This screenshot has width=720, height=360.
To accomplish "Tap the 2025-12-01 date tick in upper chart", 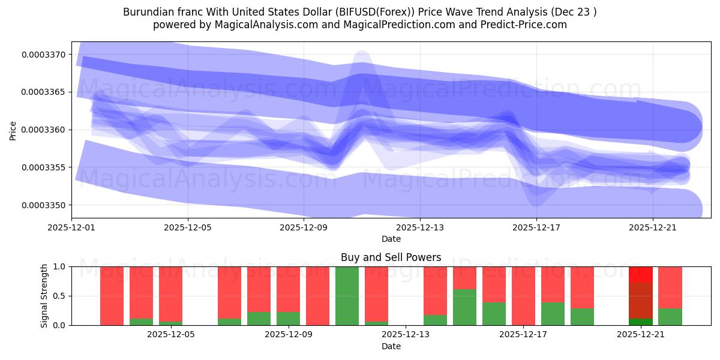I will tap(72, 227).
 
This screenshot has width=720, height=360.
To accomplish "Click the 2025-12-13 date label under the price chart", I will tap(420, 227).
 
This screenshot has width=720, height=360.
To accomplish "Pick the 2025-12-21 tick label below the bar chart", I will tap(640, 334).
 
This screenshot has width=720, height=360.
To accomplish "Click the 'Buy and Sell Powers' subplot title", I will tap(391, 257).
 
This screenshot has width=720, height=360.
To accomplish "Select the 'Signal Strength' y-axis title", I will tap(44, 296).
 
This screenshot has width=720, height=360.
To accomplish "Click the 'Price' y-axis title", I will tap(13, 130).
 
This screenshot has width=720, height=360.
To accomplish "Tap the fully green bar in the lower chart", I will tap(347, 296).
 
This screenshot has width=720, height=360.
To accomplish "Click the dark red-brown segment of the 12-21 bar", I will tap(640, 300).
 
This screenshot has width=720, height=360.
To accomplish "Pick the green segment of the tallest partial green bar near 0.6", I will tap(464, 307).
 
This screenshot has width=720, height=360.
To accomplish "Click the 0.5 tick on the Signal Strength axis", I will tap(60, 296).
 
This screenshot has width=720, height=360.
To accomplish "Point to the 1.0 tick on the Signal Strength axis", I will tap(60, 266).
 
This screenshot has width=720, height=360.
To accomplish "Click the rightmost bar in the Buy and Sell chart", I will tap(670, 296).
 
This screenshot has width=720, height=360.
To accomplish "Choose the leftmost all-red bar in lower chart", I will tap(112, 296).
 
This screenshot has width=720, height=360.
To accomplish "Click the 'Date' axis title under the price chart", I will tap(391, 239).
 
